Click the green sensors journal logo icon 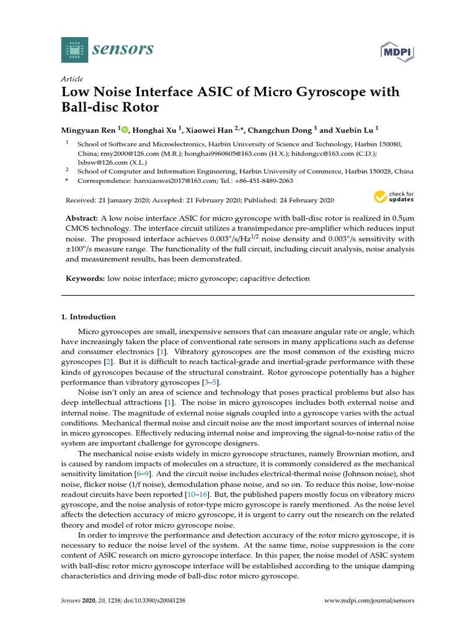[74, 49]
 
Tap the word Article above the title [72, 79]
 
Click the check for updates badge [394, 198]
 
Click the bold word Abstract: [82, 219]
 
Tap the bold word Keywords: [85, 279]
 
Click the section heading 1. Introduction [89, 317]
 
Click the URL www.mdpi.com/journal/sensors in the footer [370, 601]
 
